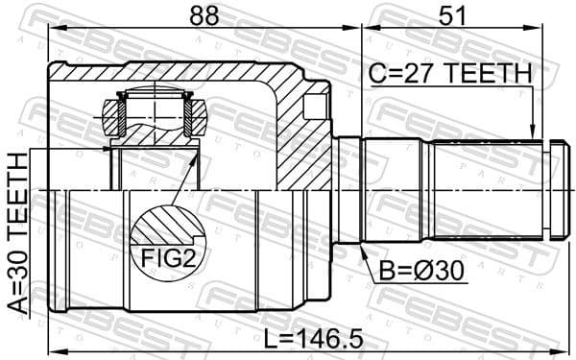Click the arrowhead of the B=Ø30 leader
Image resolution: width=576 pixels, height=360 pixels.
coord(363,249)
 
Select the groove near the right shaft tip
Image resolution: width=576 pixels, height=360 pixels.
coord(546,190)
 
